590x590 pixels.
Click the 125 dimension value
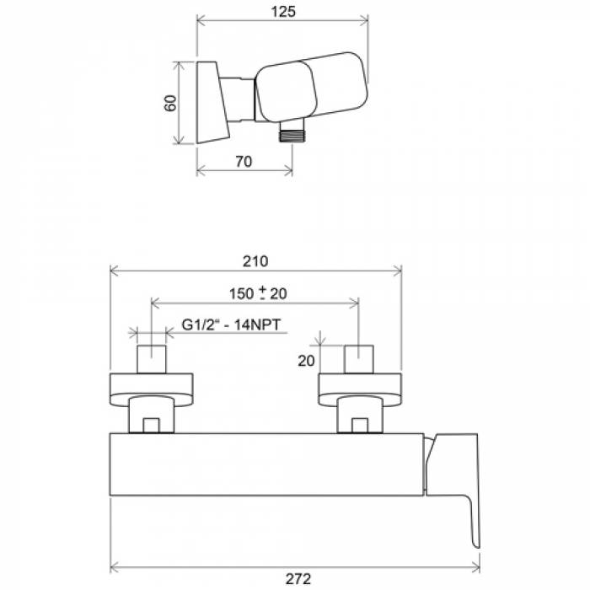point(283,12)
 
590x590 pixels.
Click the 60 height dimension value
point(170,103)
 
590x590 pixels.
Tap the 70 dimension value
point(244,162)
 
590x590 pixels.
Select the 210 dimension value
point(255,261)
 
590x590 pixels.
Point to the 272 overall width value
point(298,579)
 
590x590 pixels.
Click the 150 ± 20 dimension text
point(259,293)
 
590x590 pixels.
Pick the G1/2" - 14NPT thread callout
point(231,324)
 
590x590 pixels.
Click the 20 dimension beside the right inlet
point(306,361)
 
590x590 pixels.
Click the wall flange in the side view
point(212,102)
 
